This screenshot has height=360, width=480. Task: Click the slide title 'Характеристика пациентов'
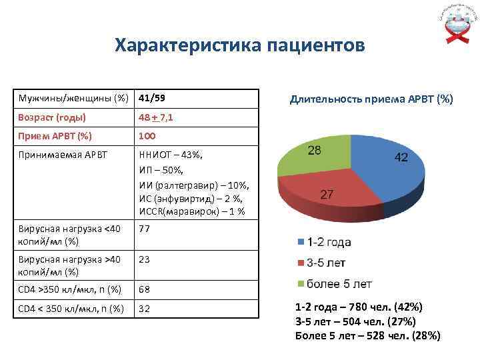pos(239,45)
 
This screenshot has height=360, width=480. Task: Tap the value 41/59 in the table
pos(152,98)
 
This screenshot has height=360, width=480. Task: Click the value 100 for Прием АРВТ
pos(147,136)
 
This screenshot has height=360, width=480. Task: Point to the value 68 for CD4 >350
pos(145,289)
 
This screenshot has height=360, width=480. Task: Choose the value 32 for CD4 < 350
pos(145,308)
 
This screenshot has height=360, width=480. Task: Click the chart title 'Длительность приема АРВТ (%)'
pos(371,99)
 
